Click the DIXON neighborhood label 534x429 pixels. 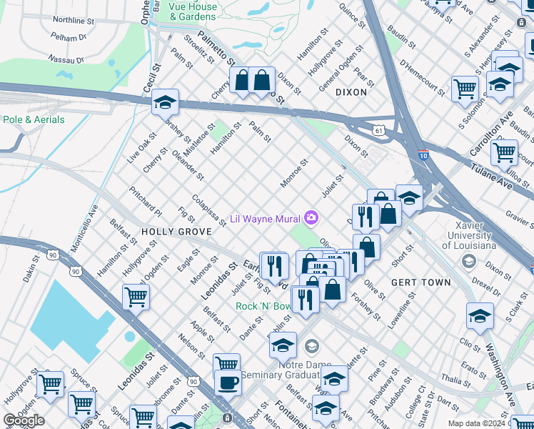[x=351, y=92]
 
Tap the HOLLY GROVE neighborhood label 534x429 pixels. [x=176, y=232]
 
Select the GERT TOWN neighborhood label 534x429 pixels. [x=421, y=282]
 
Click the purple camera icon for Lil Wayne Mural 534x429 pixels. [x=311, y=217]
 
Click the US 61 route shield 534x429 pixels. [x=378, y=130]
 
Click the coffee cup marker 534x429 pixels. [x=228, y=382]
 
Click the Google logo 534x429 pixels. [x=24, y=420]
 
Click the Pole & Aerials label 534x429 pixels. [x=34, y=119]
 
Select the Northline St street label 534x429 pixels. [x=74, y=19]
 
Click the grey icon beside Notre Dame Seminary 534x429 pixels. [x=311, y=347]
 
